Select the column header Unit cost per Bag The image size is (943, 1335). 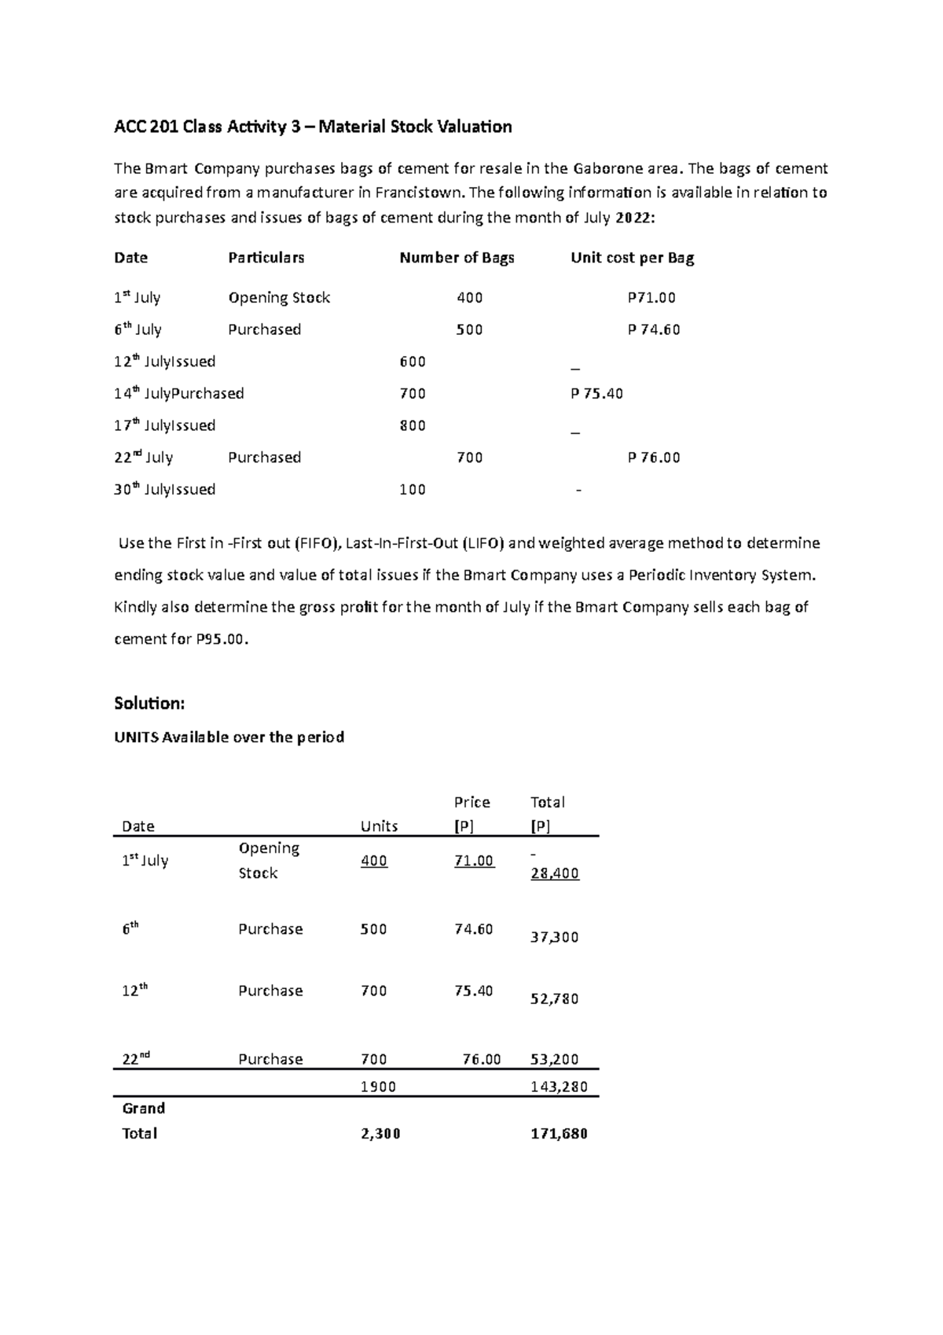(x=632, y=258)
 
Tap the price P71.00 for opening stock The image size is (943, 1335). (x=651, y=298)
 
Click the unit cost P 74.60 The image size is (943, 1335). (x=654, y=330)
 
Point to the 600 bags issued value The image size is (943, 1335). (x=413, y=362)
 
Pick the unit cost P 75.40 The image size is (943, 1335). (x=596, y=394)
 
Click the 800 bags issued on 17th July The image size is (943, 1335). (x=413, y=426)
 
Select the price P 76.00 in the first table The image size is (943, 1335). (x=654, y=458)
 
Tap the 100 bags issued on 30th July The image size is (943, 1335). (x=413, y=490)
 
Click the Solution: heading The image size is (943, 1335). (x=149, y=703)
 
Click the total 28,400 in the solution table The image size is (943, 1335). (x=555, y=873)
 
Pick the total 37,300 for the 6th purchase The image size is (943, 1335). (x=555, y=937)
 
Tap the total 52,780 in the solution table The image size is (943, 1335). (x=555, y=999)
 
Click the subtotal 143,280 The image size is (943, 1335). (x=559, y=1087)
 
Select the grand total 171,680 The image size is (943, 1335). (x=559, y=1134)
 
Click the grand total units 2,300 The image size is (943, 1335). (x=380, y=1134)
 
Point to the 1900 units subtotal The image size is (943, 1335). (x=378, y=1087)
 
